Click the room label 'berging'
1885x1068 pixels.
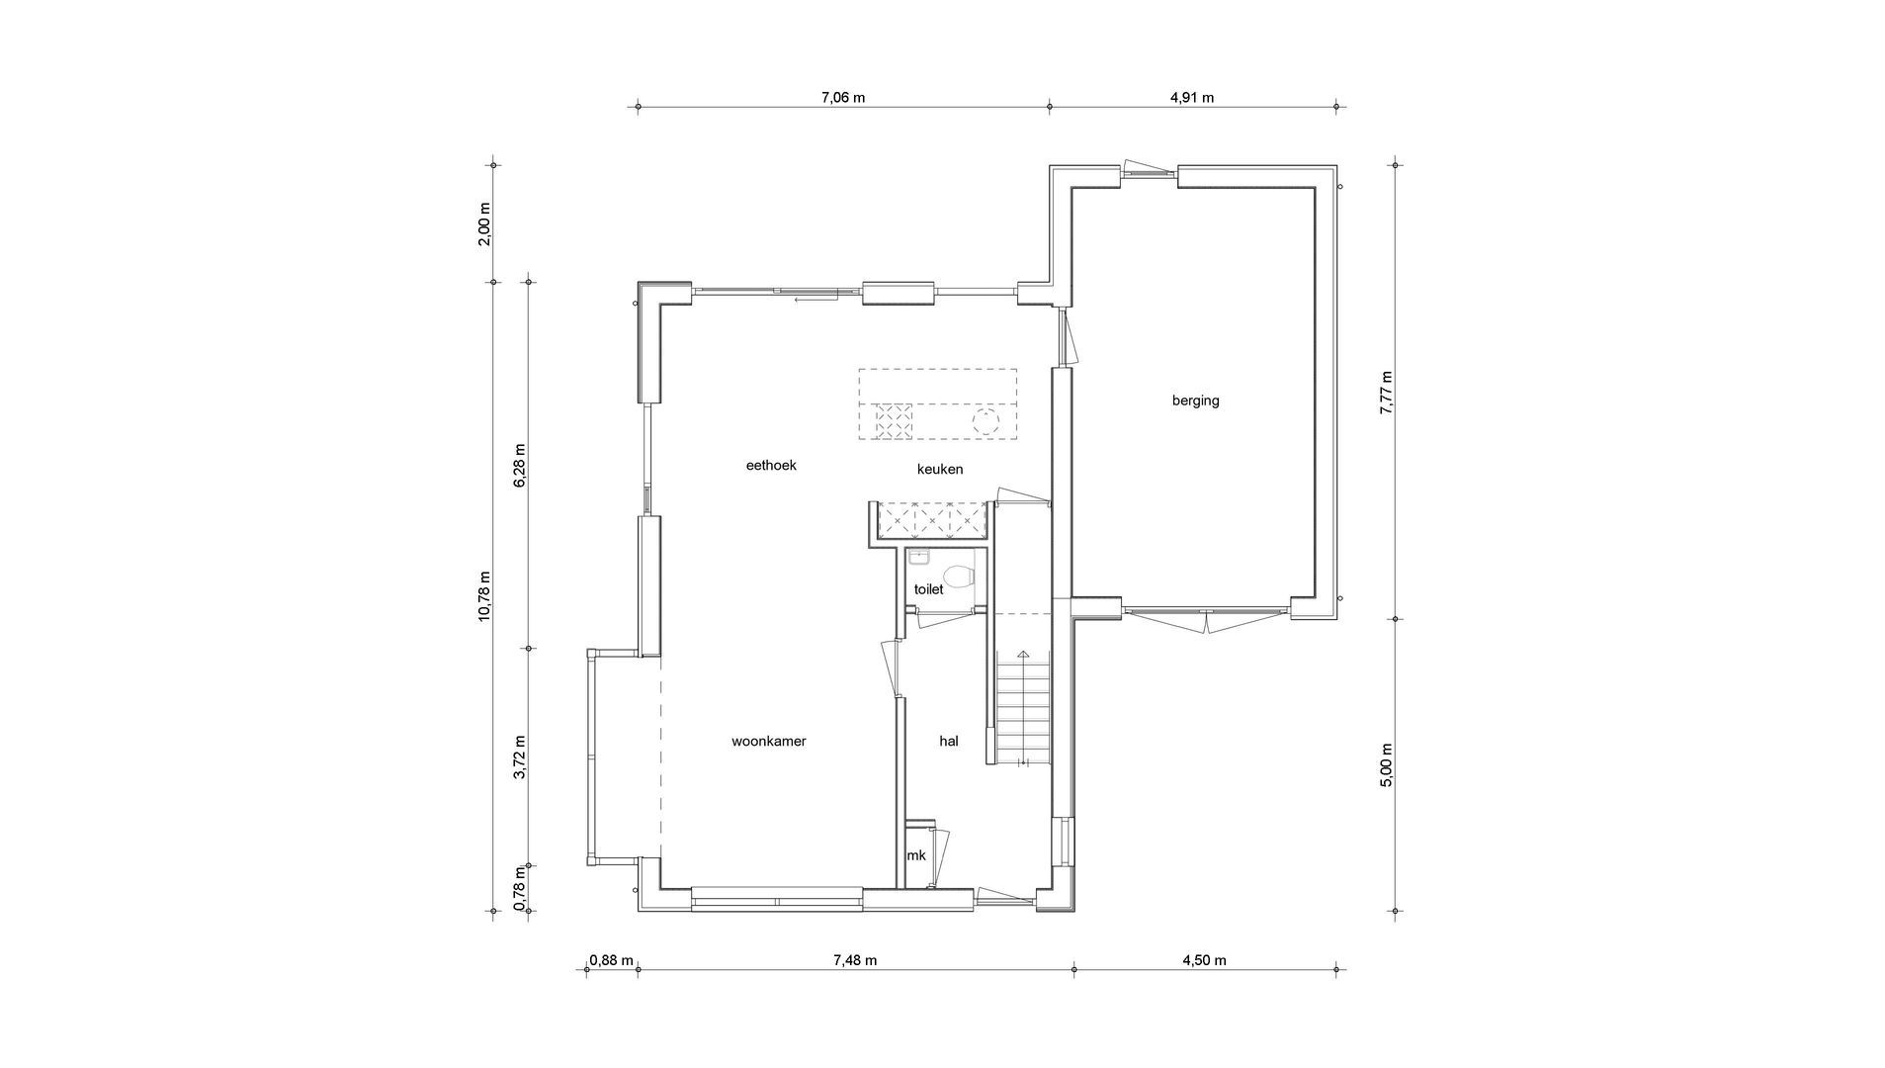pyautogui.click(x=1195, y=400)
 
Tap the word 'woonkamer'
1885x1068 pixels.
pyautogui.click(x=768, y=741)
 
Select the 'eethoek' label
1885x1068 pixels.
pyautogui.click(x=770, y=465)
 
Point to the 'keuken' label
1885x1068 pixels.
pyautogui.click(x=939, y=470)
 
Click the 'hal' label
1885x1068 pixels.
pyautogui.click(x=948, y=740)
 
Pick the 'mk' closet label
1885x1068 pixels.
pyautogui.click(x=916, y=855)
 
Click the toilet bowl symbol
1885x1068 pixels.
pyautogui.click(x=958, y=575)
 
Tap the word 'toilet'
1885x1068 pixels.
pyautogui.click(x=928, y=589)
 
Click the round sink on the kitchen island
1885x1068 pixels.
pyautogui.click(x=985, y=421)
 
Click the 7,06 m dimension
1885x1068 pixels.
pyautogui.click(x=843, y=97)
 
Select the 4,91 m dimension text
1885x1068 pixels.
pyautogui.click(x=1191, y=97)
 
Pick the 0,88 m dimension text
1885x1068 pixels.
pyautogui.click(x=610, y=960)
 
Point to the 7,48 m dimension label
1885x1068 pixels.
pyautogui.click(x=855, y=960)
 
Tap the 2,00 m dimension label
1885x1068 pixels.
pyautogui.click(x=483, y=223)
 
